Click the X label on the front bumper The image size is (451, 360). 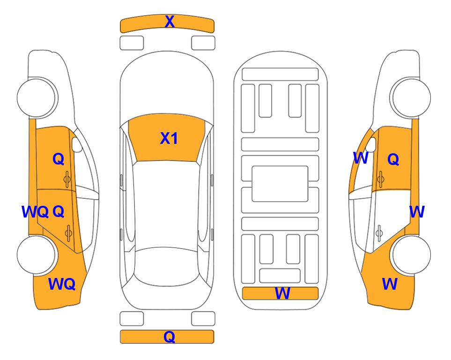click(x=170, y=22)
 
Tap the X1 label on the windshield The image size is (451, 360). click(x=169, y=138)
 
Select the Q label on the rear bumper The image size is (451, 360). click(x=169, y=337)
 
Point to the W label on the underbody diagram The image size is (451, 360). click(x=282, y=293)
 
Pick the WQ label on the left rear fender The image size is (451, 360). click(x=62, y=284)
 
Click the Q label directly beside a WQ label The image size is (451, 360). click(x=59, y=212)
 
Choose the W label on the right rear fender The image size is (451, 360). click(x=390, y=284)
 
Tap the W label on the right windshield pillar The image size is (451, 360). click(x=361, y=158)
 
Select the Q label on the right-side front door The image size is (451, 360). click(x=393, y=159)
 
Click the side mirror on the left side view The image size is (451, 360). click(x=77, y=144)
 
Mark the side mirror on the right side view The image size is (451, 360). click(x=371, y=144)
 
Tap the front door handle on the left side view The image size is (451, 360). click(x=67, y=179)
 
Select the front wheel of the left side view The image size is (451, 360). click(x=36, y=97)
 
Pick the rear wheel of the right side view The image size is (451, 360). click(x=411, y=255)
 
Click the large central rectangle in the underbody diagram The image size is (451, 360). click(x=280, y=184)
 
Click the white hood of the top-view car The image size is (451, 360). click(x=167, y=86)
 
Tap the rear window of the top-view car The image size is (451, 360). click(x=166, y=266)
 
